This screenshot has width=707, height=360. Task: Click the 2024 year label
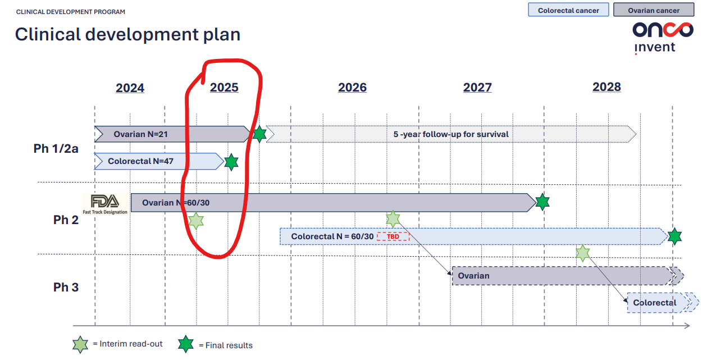coord(130,88)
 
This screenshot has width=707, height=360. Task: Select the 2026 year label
coord(352,88)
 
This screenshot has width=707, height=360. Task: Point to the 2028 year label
coord(606,87)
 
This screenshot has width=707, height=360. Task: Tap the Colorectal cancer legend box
coord(568,10)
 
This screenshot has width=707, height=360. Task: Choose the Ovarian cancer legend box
coord(653,10)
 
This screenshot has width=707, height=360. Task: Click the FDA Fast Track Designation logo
coord(105,204)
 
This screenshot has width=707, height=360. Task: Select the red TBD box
coord(393,236)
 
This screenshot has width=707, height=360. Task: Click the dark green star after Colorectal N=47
coord(231,162)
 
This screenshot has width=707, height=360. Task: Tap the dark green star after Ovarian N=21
coord(260,134)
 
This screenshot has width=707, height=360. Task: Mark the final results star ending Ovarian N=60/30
coord(542,202)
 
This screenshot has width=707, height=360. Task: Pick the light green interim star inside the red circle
coord(196,221)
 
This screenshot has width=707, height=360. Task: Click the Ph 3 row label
coord(66,287)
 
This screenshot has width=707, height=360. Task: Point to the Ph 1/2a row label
coord(56,148)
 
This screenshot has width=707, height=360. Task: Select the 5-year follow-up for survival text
coord(451,134)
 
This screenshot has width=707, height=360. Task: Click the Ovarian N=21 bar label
coord(141,134)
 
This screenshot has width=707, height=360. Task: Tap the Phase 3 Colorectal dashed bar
coord(662,303)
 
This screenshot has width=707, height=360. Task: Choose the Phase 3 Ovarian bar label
coord(473,276)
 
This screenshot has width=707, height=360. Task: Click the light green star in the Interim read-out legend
coord(80,344)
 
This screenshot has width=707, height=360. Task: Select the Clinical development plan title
coord(127,34)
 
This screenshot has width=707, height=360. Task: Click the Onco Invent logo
coord(663,38)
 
